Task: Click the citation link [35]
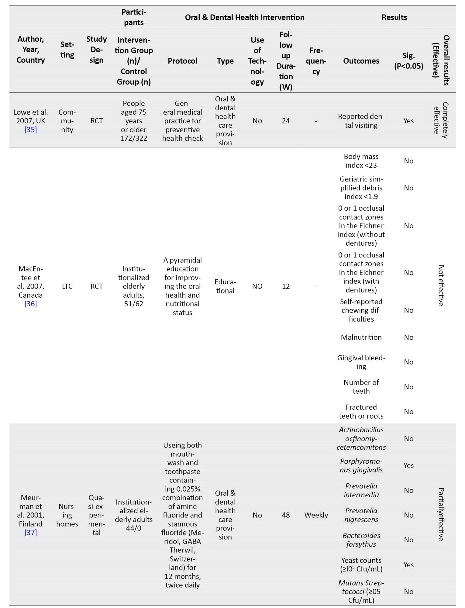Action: tap(30, 130)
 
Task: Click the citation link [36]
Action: tap(30, 304)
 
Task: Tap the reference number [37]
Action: tap(30, 532)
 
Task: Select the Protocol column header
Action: tap(182, 61)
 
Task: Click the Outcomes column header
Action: tap(361, 61)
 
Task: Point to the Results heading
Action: tap(394, 17)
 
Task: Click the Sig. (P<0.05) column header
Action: tap(408, 61)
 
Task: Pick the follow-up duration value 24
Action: tap(286, 121)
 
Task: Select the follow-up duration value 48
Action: tap(286, 515)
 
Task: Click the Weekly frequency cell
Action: tap(316, 515)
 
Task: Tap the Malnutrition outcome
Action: tap(361, 337)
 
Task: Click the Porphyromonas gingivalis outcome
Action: tap(361, 465)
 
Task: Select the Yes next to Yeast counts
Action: tap(408, 565)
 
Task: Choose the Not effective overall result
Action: tap(441, 286)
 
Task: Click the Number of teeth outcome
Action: tap(361, 387)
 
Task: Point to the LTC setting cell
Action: tap(67, 286)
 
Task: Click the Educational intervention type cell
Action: tap(225, 286)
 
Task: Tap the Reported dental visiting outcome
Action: tap(361, 121)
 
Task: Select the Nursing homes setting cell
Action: tap(67, 515)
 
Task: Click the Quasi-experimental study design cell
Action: tap(96, 515)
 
